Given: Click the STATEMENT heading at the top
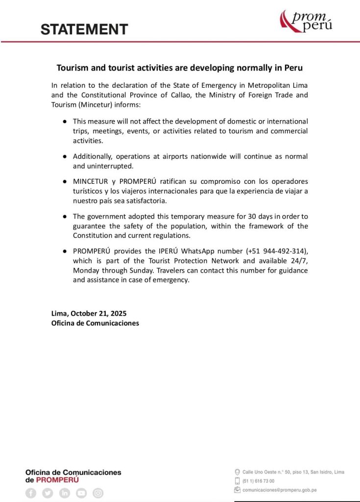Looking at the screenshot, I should click(84, 29).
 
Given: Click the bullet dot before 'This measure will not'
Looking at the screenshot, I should click(64, 121).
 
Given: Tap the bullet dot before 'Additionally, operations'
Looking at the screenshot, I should click(64, 156).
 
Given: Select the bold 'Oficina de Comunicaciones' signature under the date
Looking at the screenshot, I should click(95, 323).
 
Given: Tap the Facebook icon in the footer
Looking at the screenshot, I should click(31, 493).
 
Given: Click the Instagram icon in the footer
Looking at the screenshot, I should click(98, 493).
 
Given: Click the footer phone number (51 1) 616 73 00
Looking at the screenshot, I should click(258, 481).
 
